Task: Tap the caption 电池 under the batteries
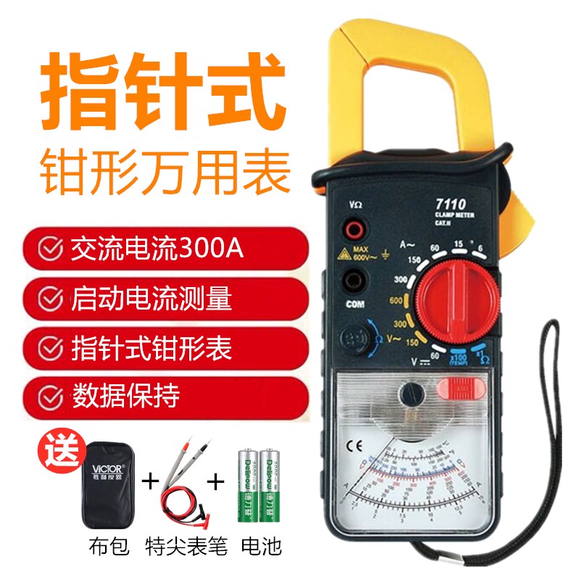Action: [x=261, y=544]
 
